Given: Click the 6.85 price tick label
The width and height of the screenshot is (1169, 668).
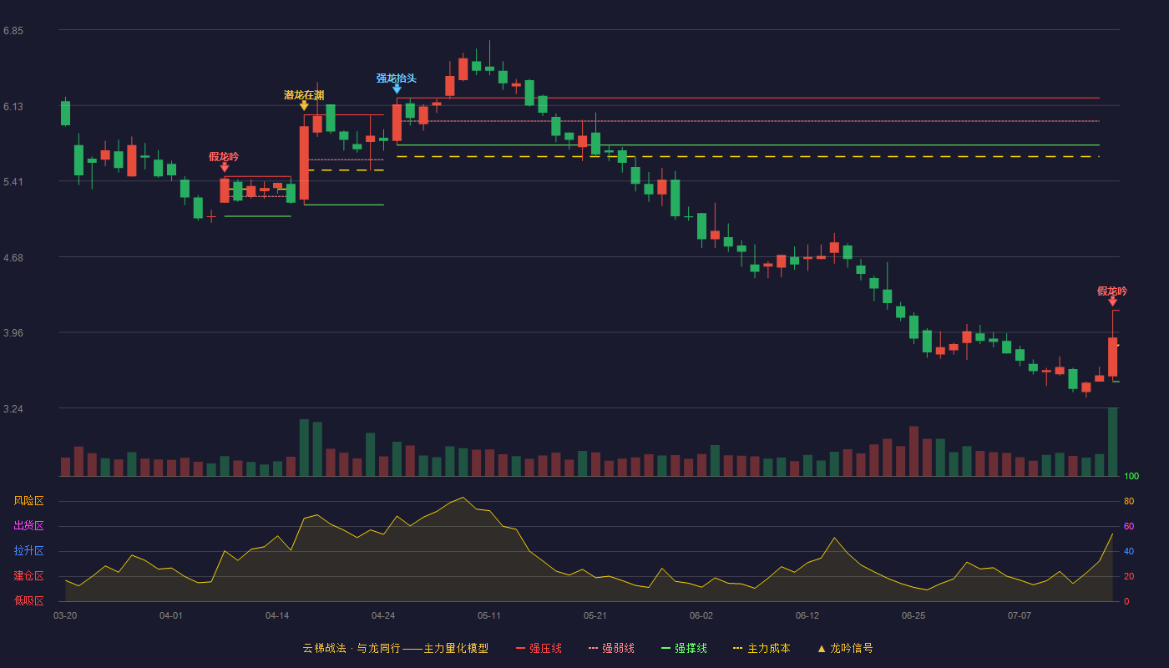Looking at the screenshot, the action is [x=13, y=31].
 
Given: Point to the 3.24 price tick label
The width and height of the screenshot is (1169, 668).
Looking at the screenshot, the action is [x=13, y=408].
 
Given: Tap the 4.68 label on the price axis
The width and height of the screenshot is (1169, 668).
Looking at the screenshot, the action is [x=13, y=258].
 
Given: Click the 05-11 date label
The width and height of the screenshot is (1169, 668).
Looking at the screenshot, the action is [x=489, y=616].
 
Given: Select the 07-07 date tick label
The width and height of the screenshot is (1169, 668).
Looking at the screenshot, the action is [x=1020, y=616].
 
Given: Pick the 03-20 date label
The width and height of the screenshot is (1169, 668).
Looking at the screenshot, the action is [x=65, y=616].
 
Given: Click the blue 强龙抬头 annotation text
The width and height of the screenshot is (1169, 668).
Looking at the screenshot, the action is [x=397, y=78].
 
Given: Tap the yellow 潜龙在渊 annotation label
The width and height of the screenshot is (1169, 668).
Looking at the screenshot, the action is [x=304, y=95].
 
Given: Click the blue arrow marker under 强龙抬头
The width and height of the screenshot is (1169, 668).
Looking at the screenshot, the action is [x=397, y=89].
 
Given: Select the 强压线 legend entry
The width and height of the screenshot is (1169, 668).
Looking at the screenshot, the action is [x=539, y=648].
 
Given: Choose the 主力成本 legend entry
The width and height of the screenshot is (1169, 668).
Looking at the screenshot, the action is [x=762, y=648].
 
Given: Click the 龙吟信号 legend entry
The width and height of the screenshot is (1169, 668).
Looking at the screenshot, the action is [x=845, y=648].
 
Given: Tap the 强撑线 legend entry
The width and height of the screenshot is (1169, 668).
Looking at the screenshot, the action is [x=684, y=648].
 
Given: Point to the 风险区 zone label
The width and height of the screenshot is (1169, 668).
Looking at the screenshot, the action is [x=28, y=501].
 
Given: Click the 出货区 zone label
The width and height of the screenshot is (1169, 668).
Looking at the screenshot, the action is [x=28, y=525].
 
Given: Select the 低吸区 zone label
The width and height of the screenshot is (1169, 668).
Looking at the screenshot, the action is [x=28, y=600].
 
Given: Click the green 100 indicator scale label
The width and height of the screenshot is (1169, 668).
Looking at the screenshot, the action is [x=1131, y=476].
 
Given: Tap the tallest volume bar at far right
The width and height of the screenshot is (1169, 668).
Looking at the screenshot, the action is [x=1112, y=442].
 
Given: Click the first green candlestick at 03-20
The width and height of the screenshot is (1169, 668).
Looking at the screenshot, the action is [x=65, y=112].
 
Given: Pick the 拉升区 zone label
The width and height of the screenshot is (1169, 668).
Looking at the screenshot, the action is [x=28, y=550].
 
